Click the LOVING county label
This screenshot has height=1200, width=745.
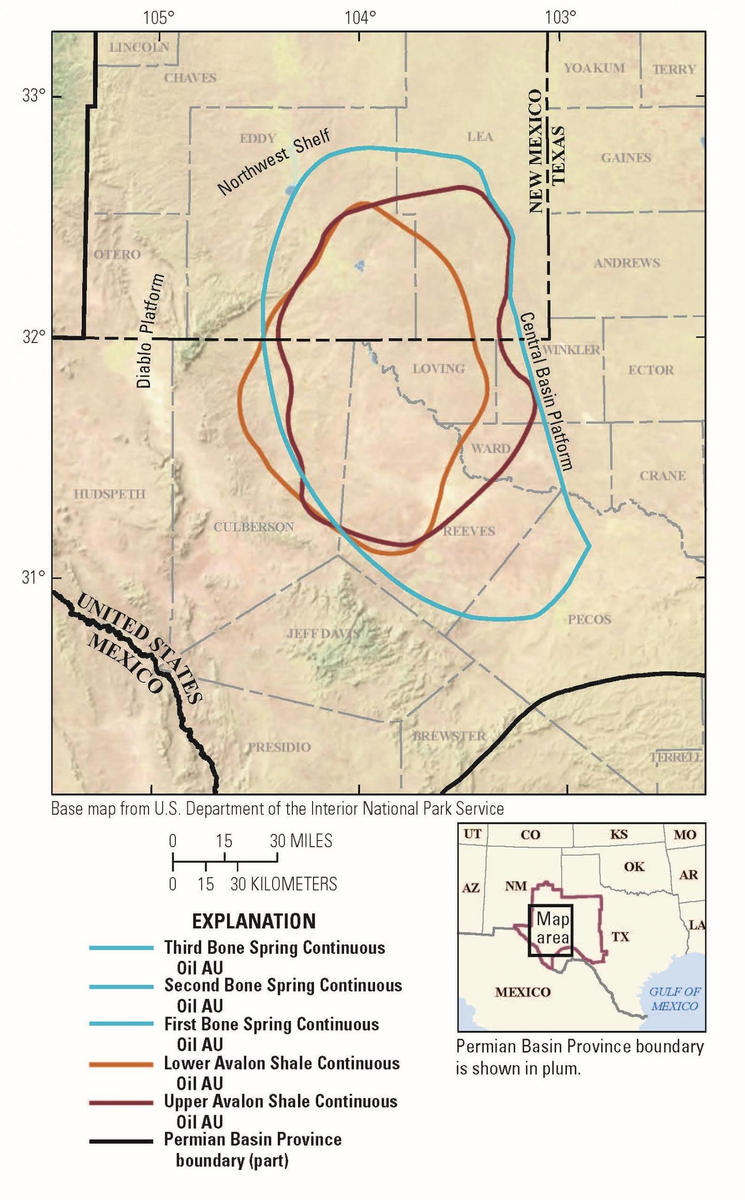[438, 369]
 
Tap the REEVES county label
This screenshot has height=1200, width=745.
[469, 531]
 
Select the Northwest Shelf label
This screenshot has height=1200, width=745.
[273, 162]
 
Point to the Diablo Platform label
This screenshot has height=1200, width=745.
[150, 331]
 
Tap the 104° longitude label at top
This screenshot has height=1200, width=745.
[360, 18]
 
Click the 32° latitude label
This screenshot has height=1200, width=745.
[34, 337]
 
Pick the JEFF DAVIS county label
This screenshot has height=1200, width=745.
[323, 633]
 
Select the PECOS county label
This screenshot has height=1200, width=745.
[589, 619]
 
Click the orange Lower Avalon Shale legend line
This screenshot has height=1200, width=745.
[121, 1064]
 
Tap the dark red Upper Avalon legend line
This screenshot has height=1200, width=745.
[121, 1103]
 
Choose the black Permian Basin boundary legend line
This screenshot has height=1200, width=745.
[121, 1141]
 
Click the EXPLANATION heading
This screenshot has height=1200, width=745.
[254, 921]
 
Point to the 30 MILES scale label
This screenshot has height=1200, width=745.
[301, 841]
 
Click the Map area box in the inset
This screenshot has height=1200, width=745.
[550, 929]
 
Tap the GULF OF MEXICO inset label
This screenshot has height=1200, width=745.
[675, 998]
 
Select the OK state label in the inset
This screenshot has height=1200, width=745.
[634, 866]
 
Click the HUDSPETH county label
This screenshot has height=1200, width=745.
[109, 494]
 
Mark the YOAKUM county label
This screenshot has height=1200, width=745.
[594, 68]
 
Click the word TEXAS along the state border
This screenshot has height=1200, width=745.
[557, 156]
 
